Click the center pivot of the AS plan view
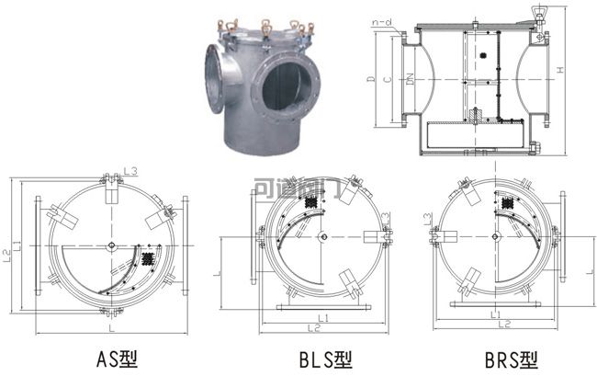(x=110, y=245)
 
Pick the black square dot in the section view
(x=481, y=56)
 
